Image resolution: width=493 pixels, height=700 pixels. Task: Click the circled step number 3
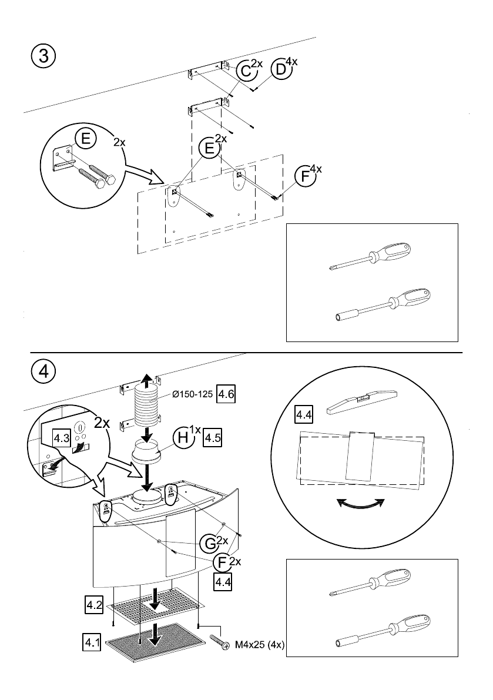tap(43, 56)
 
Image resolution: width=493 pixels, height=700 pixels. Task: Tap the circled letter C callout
tap(246, 71)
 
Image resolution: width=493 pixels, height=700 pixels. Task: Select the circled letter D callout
tap(281, 69)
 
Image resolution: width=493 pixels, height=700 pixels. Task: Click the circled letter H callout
tap(183, 437)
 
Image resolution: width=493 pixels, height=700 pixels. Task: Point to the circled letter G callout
tap(209, 544)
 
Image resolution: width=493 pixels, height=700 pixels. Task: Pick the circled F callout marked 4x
tap(305, 176)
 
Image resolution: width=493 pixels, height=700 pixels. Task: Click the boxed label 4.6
tap(225, 394)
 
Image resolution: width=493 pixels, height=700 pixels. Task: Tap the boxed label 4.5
tap(212, 437)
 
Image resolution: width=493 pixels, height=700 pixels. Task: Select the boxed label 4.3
tap(62, 438)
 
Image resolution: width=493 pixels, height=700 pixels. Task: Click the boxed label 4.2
tap(93, 605)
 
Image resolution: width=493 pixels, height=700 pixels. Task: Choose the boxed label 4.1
tap(92, 644)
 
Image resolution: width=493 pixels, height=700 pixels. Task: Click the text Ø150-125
tap(192, 394)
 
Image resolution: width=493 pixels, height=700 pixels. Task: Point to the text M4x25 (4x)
tap(260, 645)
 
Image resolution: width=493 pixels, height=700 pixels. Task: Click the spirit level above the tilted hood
tap(362, 400)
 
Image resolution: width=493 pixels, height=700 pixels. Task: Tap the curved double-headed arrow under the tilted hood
tap(360, 504)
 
